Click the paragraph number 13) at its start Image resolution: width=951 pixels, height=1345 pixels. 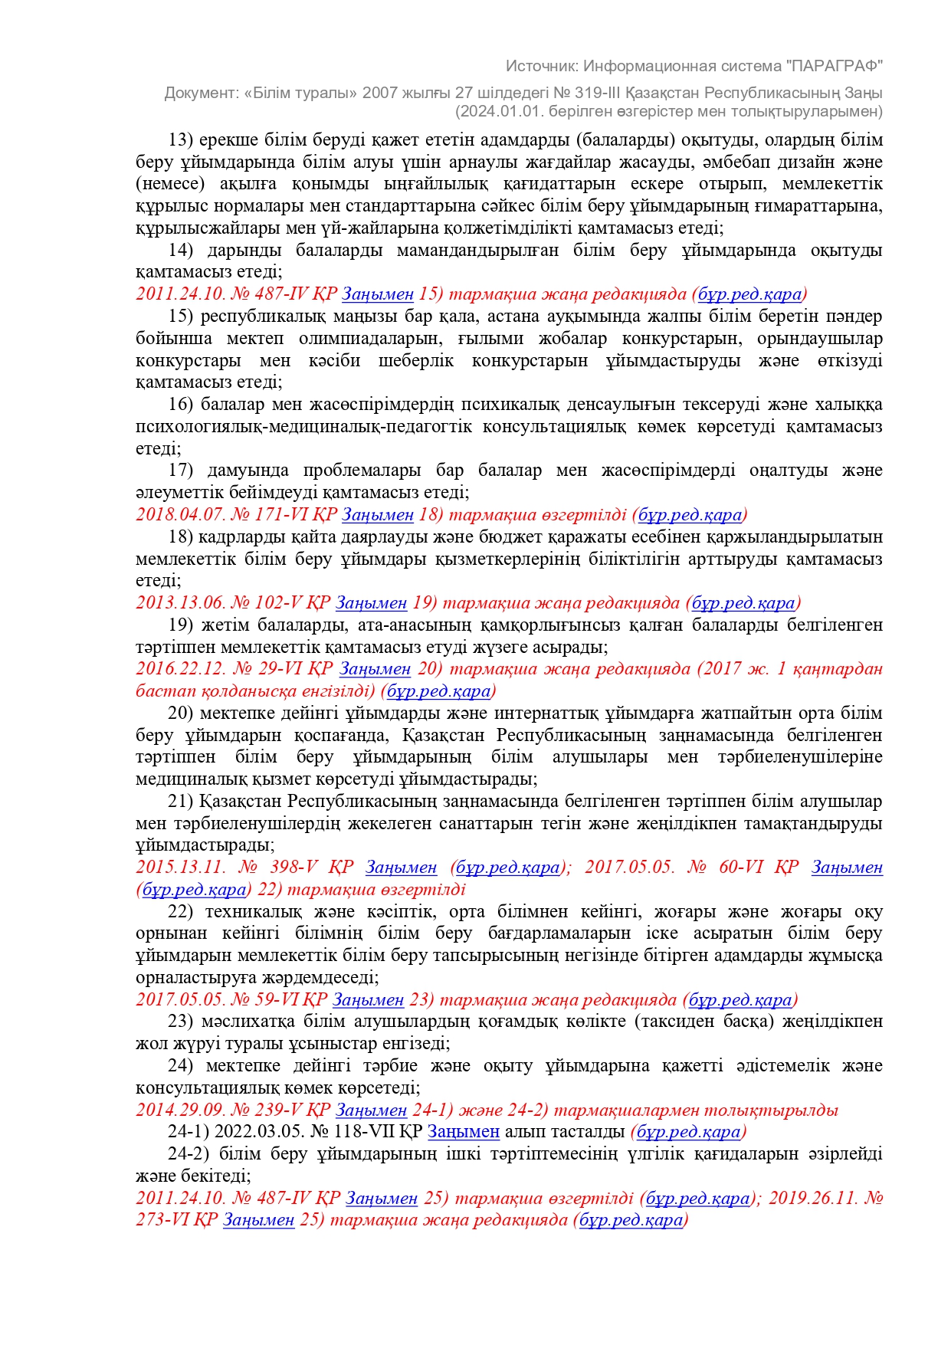coord(181,140)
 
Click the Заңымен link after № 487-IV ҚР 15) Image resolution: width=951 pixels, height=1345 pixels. coord(378,294)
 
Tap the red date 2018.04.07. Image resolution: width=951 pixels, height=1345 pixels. coord(180,515)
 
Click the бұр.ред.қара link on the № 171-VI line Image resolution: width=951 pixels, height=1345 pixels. coord(690,515)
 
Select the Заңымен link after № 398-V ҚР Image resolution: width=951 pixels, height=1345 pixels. coord(401,868)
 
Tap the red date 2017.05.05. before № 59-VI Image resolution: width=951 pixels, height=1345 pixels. coord(180,1000)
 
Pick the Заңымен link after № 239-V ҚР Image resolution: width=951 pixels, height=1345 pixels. coord(371,1110)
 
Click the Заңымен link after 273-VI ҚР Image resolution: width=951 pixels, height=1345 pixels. coord(258,1220)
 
